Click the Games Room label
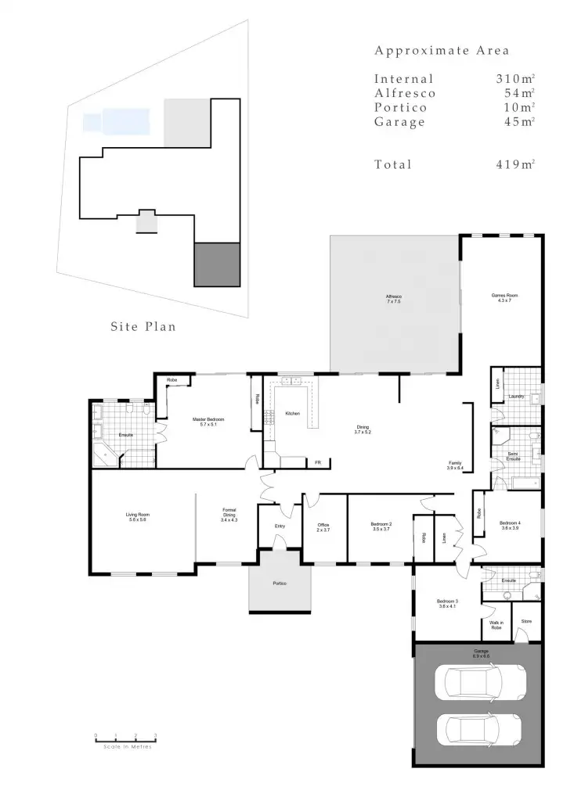pyautogui.click(x=504, y=297)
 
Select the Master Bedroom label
pyautogui.click(x=209, y=422)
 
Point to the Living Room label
pyautogui.click(x=136, y=517)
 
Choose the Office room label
pyautogui.click(x=323, y=527)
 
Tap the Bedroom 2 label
pyautogui.click(x=381, y=527)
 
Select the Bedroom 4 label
pyautogui.click(x=510, y=525)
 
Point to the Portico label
pyautogui.click(x=280, y=585)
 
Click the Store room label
pyautogui.click(x=526, y=621)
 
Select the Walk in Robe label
pyautogui.click(x=496, y=625)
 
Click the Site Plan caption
pyautogui.click(x=143, y=327)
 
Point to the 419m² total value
pyautogui.click(x=514, y=164)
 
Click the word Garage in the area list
pyautogui.click(x=399, y=122)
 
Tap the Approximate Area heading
pyautogui.click(x=442, y=51)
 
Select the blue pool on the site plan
pyautogui.click(x=115, y=121)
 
